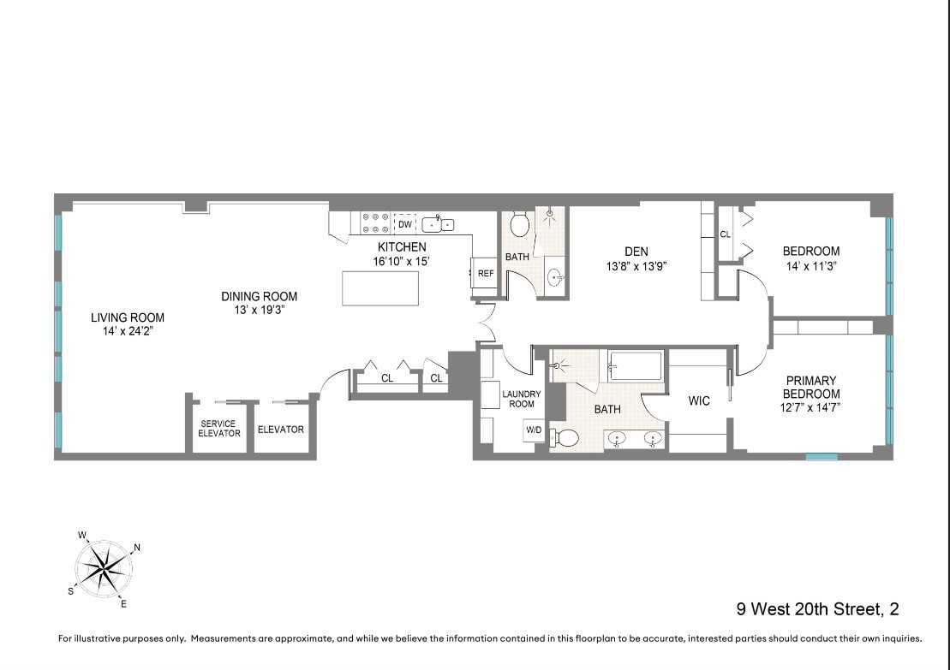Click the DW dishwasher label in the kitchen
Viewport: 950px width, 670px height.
[x=405, y=224]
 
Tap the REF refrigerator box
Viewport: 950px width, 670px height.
[x=486, y=274]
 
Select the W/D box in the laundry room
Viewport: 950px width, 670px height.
[x=534, y=430]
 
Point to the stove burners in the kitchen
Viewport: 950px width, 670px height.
[x=376, y=223]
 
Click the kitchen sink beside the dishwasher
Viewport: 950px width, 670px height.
[x=438, y=224]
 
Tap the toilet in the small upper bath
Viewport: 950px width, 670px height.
[x=518, y=225]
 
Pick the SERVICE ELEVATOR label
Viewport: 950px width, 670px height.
[x=218, y=428]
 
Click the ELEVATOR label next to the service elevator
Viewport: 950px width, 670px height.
[x=281, y=430]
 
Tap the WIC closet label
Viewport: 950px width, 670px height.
[x=699, y=401]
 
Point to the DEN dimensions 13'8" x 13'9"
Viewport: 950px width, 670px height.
[x=636, y=266]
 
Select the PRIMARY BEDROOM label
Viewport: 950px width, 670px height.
[x=811, y=387]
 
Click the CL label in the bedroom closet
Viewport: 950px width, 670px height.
[x=725, y=233]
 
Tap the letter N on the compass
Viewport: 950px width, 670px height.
[x=137, y=548]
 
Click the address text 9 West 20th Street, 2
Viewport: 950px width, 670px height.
[x=817, y=610]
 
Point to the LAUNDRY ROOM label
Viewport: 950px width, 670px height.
[x=521, y=399]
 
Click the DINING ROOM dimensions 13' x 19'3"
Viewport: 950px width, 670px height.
[x=259, y=310]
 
